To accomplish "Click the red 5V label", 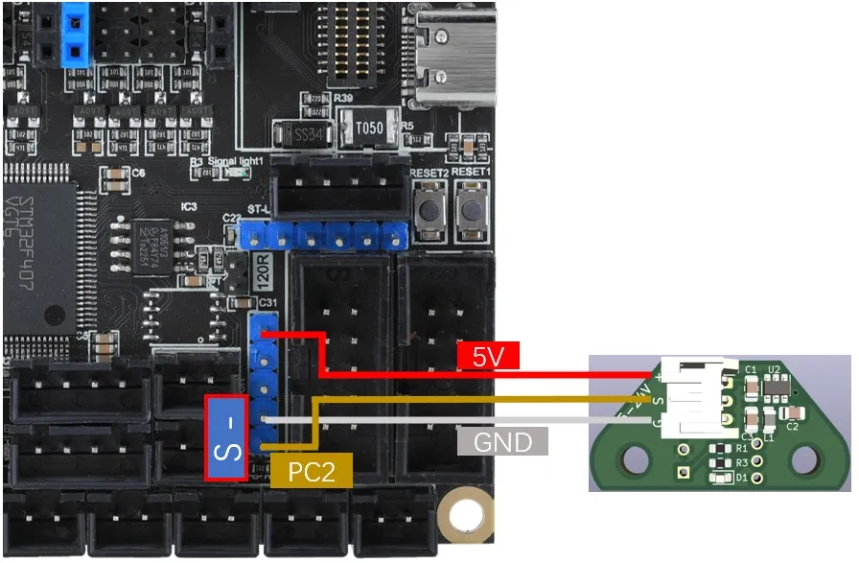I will click(x=489, y=358).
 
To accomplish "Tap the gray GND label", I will click(x=502, y=441).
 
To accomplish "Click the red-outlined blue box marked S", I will click(x=229, y=436).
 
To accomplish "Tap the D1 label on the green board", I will click(x=741, y=478).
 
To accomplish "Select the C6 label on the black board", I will click(x=138, y=173).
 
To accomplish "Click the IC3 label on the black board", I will click(x=189, y=206).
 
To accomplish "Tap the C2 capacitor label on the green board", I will click(x=793, y=427).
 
